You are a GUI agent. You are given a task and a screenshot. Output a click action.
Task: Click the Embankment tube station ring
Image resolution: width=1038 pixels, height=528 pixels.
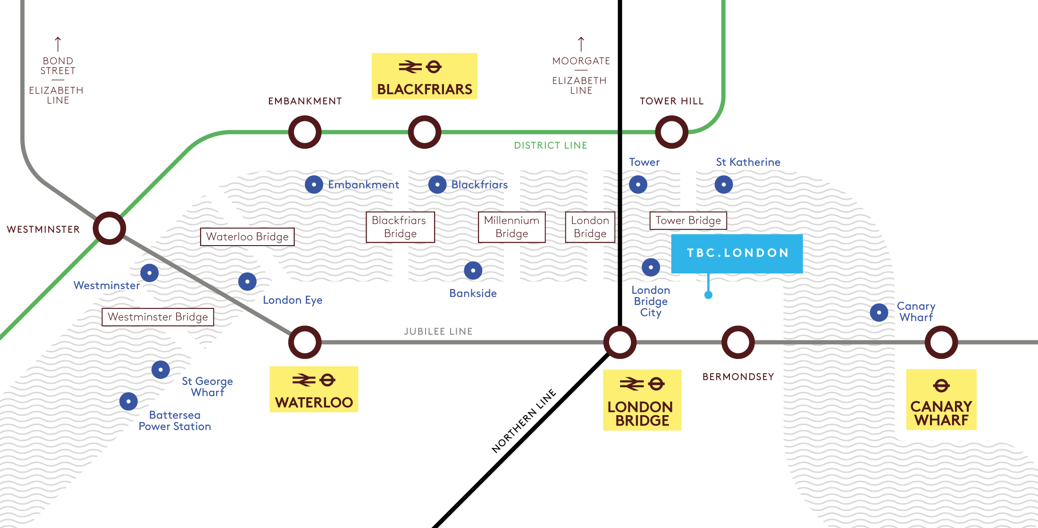tap(305, 132)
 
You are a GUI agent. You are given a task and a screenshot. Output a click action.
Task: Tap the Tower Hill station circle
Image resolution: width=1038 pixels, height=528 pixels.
tap(671, 132)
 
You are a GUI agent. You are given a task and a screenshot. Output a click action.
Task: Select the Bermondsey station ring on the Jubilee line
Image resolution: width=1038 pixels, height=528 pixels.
tap(738, 342)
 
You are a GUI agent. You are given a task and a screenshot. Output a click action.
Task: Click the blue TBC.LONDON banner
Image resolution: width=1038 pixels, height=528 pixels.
tap(737, 253)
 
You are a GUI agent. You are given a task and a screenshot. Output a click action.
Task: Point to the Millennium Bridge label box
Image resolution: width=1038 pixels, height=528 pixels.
tap(512, 227)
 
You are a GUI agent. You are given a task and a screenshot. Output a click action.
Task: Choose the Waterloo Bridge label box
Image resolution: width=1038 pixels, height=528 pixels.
tap(247, 237)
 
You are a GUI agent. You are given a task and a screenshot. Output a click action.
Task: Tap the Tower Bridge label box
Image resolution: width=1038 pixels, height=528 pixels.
tap(688, 221)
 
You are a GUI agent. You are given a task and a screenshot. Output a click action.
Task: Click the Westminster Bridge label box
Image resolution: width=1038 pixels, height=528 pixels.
tap(158, 317)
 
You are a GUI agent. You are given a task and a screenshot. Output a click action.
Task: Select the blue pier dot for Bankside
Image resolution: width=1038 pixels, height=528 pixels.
tap(473, 270)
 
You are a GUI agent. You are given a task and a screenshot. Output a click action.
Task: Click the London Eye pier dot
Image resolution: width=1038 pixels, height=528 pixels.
tap(247, 281)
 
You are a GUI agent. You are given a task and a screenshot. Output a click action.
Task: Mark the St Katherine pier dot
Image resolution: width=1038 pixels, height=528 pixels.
tap(723, 184)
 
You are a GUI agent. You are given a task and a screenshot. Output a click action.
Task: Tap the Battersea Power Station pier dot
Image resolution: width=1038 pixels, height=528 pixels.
tap(128, 401)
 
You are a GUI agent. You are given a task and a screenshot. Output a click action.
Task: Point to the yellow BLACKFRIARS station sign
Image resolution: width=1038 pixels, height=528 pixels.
tap(424, 76)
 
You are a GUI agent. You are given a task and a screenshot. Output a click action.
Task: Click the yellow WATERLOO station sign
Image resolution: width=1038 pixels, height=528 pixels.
tap(314, 389)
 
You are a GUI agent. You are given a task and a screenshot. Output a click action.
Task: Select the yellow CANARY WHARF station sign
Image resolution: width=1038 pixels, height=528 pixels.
tap(941, 400)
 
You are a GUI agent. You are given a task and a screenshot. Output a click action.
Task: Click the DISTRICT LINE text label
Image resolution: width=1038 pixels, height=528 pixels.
tap(550, 145)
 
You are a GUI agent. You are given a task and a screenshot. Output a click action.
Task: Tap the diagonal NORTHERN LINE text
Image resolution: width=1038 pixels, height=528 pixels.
tap(524, 421)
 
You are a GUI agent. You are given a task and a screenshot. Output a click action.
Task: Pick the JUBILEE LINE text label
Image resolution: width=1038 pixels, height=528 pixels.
tap(438, 332)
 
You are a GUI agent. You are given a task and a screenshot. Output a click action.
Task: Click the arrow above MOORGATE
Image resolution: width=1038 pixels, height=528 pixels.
tap(581, 44)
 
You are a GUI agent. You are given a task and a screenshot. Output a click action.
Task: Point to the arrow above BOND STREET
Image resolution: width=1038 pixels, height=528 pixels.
tap(58, 44)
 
